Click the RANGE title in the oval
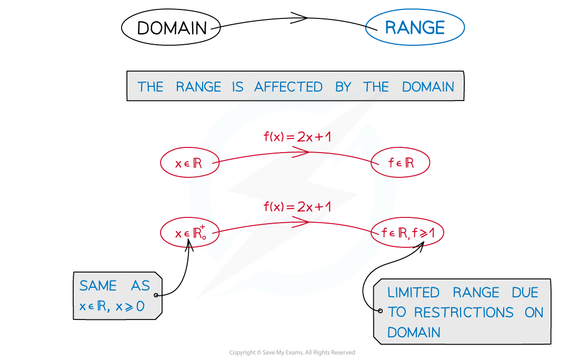click(415, 28)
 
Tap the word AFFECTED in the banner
click(288, 87)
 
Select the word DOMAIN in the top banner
click(428, 87)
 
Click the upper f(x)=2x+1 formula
click(297, 137)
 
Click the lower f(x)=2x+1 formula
click(297, 207)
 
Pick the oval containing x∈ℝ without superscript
click(189, 163)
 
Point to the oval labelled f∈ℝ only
click(401, 163)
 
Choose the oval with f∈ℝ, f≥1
click(407, 232)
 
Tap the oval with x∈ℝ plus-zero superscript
click(189, 233)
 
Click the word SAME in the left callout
click(98, 286)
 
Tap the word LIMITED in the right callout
click(413, 293)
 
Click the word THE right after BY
click(376, 87)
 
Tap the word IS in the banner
click(237, 87)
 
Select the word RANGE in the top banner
click(198, 87)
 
